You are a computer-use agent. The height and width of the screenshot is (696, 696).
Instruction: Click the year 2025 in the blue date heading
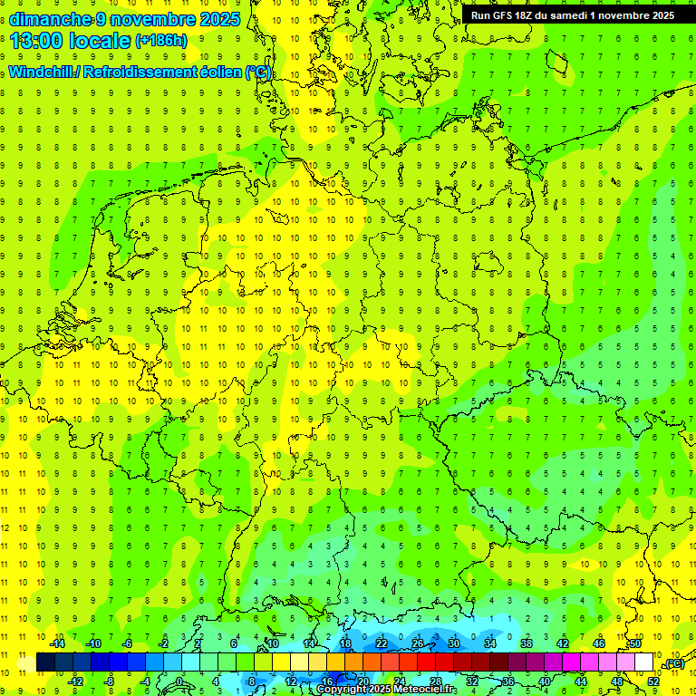[x=220, y=19]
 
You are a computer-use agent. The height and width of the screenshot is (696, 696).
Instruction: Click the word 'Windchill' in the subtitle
[x=40, y=72]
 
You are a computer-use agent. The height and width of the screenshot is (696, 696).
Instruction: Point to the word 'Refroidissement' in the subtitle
[x=140, y=72]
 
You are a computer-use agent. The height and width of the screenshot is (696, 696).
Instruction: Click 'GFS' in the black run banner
[x=504, y=15]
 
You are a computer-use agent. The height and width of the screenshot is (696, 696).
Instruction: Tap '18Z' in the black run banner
[x=529, y=15]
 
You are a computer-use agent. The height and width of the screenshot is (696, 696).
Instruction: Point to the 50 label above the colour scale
[x=635, y=643]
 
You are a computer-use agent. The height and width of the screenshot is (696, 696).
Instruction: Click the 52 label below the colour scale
[x=653, y=681]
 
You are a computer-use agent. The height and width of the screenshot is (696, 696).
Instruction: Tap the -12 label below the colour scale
[x=75, y=681]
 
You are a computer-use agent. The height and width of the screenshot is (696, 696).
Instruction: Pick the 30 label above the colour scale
[x=454, y=643]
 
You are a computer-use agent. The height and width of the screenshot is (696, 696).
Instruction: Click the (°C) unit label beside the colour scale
[x=673, y=663]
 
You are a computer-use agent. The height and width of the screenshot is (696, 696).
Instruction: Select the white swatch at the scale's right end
[x=644, y=662]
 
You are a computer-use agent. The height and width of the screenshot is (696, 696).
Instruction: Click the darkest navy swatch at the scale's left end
[x=45, y=662]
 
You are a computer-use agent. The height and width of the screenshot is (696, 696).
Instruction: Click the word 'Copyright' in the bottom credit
[x=343, y=690]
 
